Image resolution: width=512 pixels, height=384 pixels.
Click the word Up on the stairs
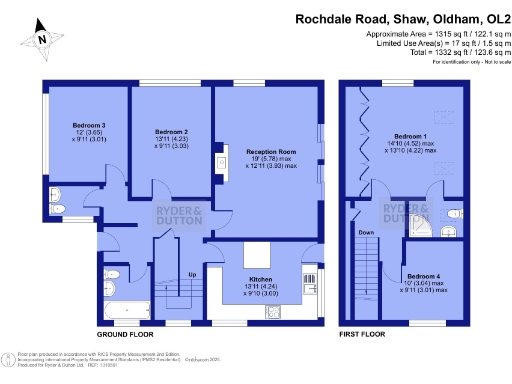coord(190,273)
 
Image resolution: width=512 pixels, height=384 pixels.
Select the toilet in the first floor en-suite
coord(455,214)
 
